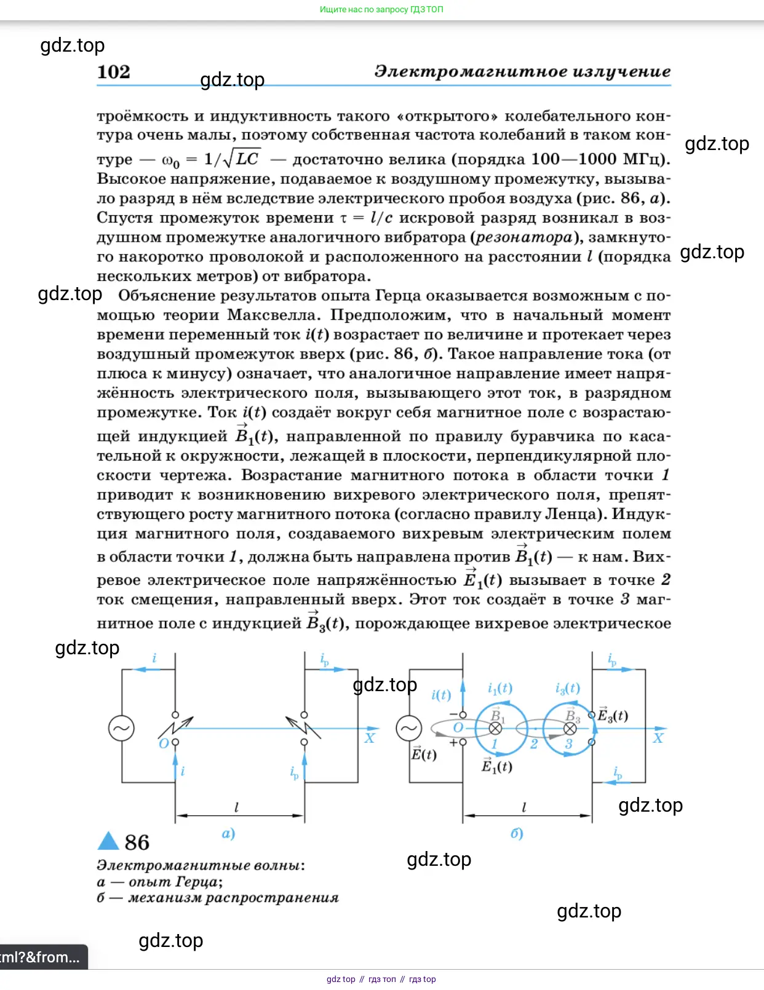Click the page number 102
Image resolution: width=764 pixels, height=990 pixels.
coord(114,72)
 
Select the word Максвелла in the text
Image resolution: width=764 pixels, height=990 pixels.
coord(274,315)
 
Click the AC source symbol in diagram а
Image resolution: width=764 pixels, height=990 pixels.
coord(121,728)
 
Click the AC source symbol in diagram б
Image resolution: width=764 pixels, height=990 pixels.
coord(409,728)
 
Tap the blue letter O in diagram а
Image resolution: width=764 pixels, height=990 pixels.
coord(164,743)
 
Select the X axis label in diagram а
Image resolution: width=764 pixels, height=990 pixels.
coord(369,738)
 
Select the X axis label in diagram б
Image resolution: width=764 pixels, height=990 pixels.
coord(658,738)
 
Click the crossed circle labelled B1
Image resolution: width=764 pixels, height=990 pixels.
coord(495,729)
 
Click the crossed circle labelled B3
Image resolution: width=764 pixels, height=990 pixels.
coord(570,729)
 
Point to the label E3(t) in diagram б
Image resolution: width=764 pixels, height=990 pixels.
coord(613,715)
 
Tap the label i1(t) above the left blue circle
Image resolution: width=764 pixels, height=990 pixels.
coord(499,688)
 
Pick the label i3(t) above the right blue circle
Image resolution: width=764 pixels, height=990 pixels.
coord(567,688)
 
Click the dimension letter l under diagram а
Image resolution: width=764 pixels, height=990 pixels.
coord(237,807)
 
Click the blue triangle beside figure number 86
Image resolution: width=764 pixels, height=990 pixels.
coord(108,841)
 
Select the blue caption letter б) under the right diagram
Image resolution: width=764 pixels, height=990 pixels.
coord(517,833)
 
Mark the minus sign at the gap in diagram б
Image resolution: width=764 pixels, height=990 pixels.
coord(453,715)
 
